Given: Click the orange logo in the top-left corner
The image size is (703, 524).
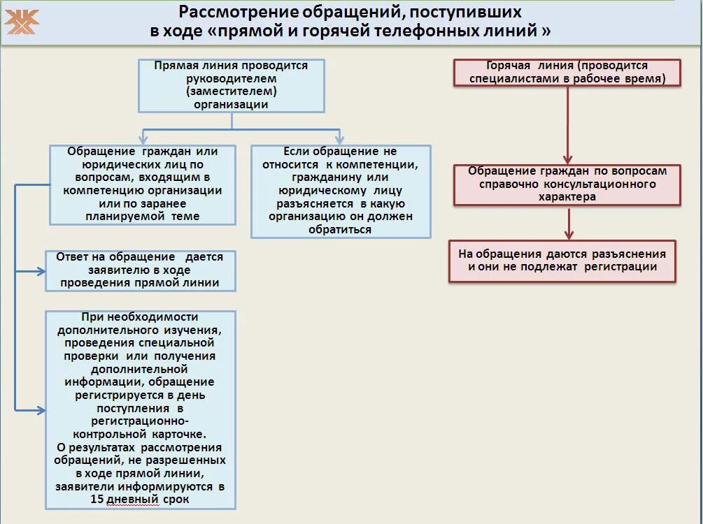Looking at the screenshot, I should [x=22, y=22].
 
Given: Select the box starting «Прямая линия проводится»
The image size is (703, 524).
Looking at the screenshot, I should [x=231, y=85].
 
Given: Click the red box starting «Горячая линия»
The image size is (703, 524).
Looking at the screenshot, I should [x=567, y=73].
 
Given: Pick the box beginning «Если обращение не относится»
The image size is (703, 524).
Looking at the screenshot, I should [x=340, y=191].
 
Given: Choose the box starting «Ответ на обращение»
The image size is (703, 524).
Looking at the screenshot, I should [x=140, y=270].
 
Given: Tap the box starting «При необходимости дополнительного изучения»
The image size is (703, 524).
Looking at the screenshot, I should [x=140, y=409].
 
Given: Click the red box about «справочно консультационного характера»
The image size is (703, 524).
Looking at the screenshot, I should [x=567, y=184].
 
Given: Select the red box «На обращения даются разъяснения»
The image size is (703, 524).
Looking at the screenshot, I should [x=562, y=261].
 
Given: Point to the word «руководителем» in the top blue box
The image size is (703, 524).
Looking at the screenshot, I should [x=231, y=78].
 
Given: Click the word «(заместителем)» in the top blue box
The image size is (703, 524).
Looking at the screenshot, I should [x=231, y=92].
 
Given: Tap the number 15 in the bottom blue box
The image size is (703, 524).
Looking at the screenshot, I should [x=97, y=500].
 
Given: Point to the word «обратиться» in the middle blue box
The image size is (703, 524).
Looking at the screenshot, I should [x=340, y=229].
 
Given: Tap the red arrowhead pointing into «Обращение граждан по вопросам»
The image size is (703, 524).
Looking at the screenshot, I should [x=567, y=160].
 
